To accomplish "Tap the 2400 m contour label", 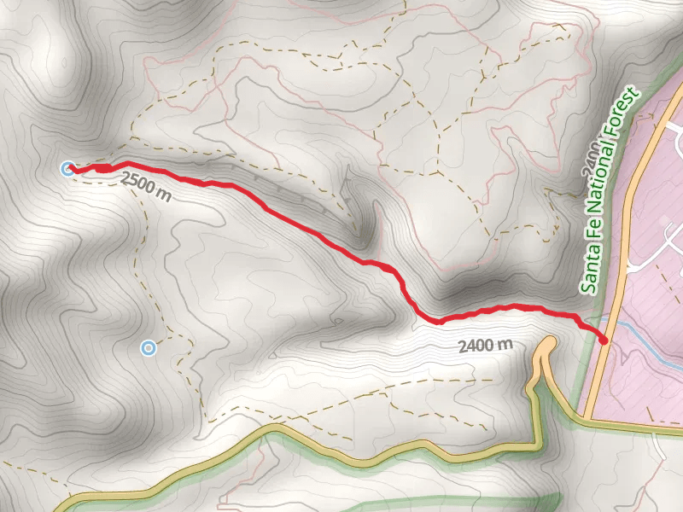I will click(x=485, y=346).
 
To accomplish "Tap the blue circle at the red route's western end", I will click(x=67, y=168).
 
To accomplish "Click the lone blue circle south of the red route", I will click(x=149, y=347).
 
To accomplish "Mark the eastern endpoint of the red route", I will click(x=604, y=340).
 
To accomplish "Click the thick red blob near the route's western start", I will click(x=103, y=169).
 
